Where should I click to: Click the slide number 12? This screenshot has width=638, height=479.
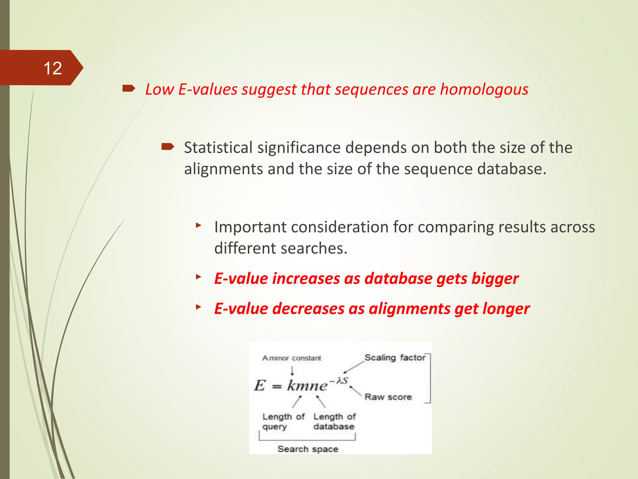(53, 68)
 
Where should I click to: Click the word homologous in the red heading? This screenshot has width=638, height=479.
(484, 90)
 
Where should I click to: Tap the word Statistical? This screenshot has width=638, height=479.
(218, 148)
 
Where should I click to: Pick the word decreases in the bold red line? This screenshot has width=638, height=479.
(308, 309)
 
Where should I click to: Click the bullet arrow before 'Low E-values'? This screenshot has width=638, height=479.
(129, 89)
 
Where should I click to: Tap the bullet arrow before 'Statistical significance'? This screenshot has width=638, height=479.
(168, 147)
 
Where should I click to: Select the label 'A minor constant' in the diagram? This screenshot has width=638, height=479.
(292, 358)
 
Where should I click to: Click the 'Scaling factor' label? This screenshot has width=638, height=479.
(395, 357)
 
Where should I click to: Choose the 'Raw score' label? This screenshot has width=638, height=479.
(388, 397)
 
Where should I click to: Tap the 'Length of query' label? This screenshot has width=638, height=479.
(283, 421)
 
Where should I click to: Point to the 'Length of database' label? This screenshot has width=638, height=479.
(334, 421)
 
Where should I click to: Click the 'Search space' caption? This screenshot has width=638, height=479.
(308, 449)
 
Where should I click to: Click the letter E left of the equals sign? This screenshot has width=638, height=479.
(260, 385)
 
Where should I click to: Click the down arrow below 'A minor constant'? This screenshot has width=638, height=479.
(292, 371)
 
